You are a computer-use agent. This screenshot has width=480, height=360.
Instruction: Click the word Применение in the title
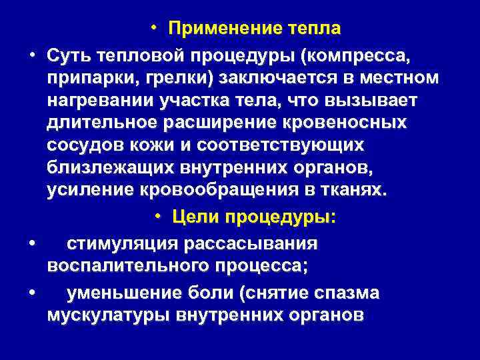[225, 28]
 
